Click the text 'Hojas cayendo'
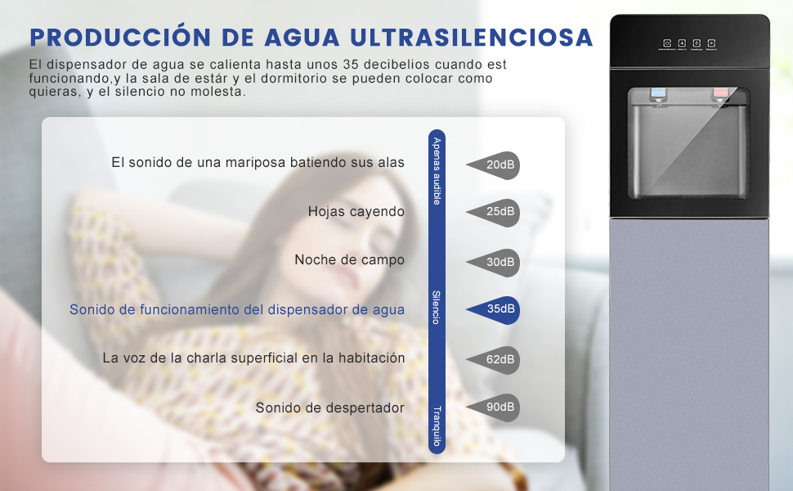(356, 212)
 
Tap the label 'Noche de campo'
(349, 260)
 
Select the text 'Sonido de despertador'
(329, 408)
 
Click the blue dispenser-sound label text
(237, 309)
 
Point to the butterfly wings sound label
(258, 163)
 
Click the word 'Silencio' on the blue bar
(437, 308)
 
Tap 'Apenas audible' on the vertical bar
(437, 171)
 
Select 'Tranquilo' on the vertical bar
(437, 426)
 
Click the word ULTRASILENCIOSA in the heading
(471, 38)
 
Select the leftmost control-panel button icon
(667, 43)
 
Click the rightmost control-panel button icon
(711, 43)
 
